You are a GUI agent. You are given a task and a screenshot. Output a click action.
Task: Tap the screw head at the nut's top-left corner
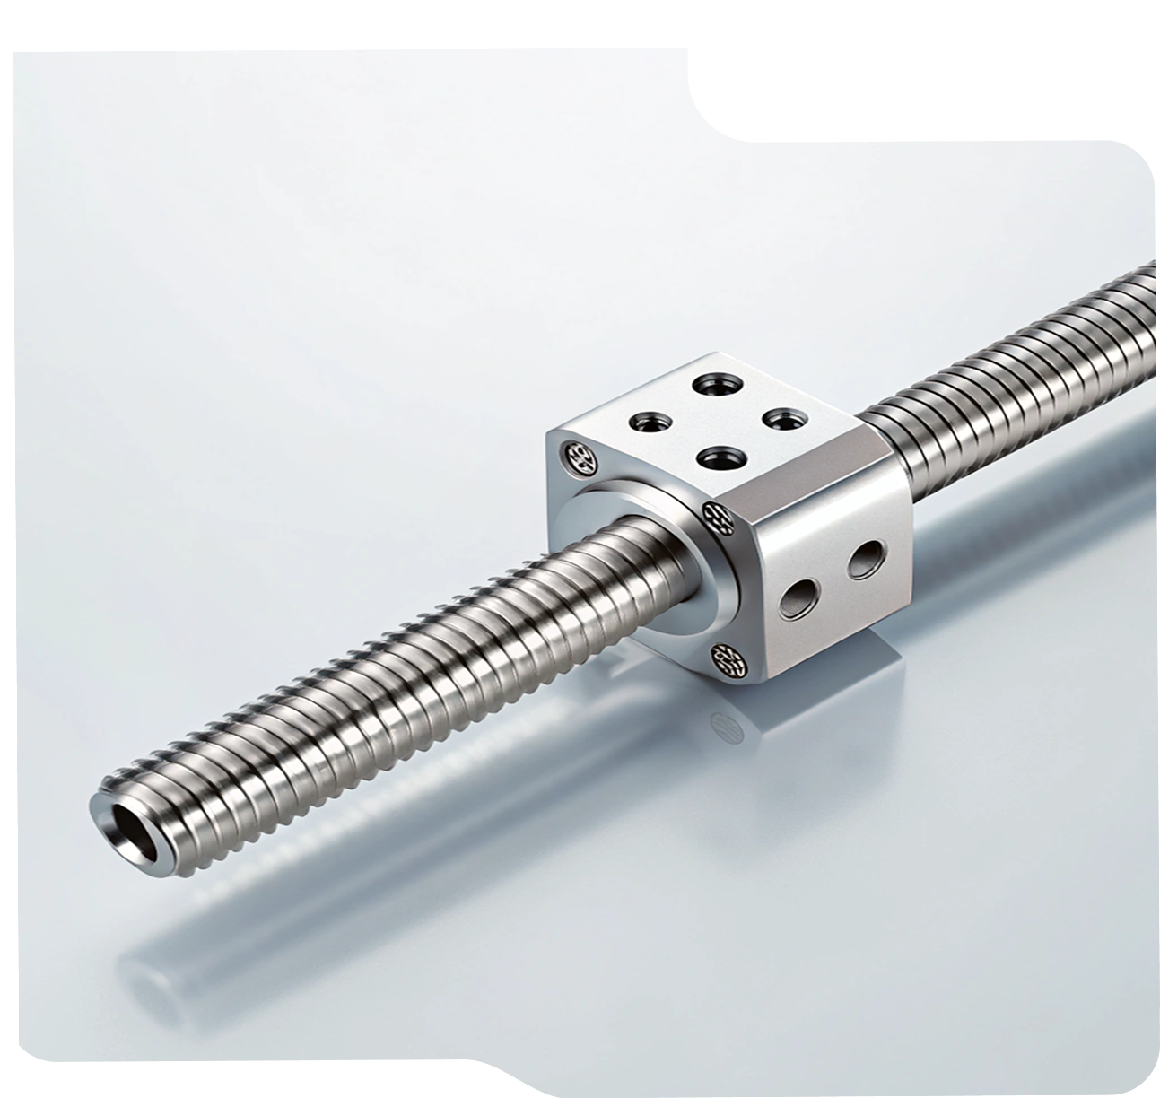pyautogui.click(x=576, y=457)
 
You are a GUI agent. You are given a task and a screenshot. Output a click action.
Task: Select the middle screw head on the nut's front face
pyautogui.click(x=718, y=515)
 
